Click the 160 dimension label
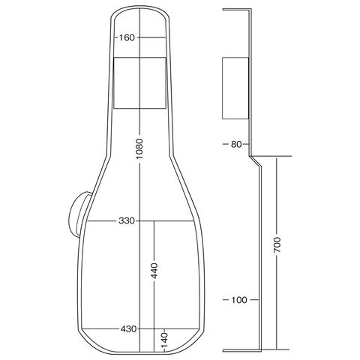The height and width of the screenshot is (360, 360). tap(127, 37)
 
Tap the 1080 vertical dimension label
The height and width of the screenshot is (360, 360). tap(139, 148)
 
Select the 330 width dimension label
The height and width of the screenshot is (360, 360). tap(127, 221)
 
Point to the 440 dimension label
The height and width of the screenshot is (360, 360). tap(154, 271)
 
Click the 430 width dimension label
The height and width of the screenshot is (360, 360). tap(128, 329)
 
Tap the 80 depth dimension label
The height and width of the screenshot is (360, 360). tap(236, 144)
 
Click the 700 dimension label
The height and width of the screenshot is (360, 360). tap(277, 244)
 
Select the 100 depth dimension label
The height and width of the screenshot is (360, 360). tap(239, 300)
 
